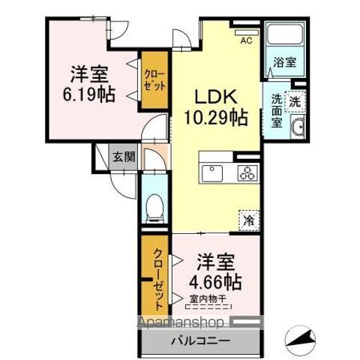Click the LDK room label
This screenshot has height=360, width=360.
click(x=217, y=97)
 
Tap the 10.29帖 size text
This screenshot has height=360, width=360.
click(x=217, y=117)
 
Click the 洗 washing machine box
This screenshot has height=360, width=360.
click(x=296, y=100)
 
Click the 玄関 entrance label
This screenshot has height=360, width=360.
click(x=124, y=157)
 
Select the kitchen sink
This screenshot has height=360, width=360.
click(x=211, y=173)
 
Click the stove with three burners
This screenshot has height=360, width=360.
click(x=246, y=173)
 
